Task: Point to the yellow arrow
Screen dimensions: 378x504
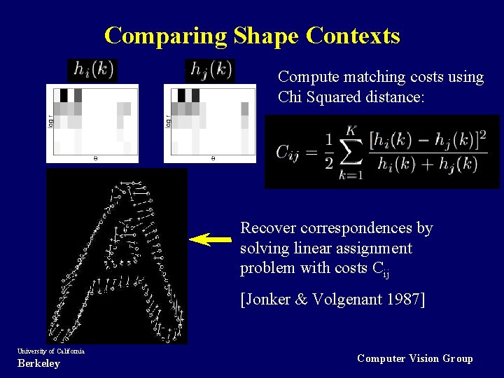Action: [211, 239]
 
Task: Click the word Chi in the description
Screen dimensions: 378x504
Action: [290, 97]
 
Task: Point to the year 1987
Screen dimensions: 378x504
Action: [399, 300]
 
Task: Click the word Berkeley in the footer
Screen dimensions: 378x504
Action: [38, 363]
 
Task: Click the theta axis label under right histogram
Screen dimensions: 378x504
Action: [213, 159]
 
